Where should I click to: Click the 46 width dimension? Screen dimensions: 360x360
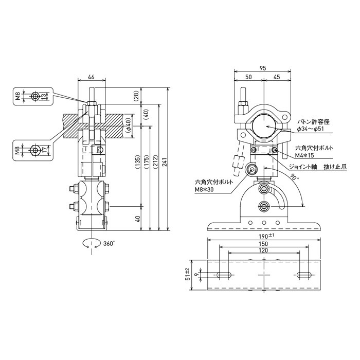click(91, 77)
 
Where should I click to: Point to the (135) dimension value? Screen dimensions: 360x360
click(137, 163)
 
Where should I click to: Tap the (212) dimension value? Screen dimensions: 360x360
click(156, 163)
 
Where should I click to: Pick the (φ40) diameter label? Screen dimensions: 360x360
click(128, 123)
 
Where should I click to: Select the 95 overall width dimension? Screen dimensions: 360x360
click(263, 68)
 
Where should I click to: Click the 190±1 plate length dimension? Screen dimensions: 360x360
click(264, 236)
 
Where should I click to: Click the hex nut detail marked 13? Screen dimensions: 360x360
click(34, 96)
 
